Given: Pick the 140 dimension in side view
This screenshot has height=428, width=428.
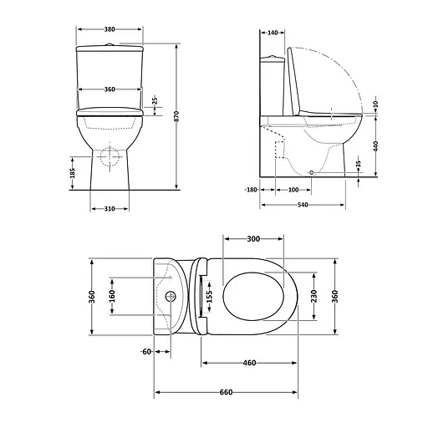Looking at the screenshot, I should [x=273, y=33].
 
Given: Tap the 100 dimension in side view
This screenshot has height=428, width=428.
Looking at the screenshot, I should [x=293, y=190].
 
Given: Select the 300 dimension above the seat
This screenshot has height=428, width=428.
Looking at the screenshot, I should [x=254, y=240].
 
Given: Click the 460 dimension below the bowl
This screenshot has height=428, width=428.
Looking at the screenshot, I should [x=249, y=363].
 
